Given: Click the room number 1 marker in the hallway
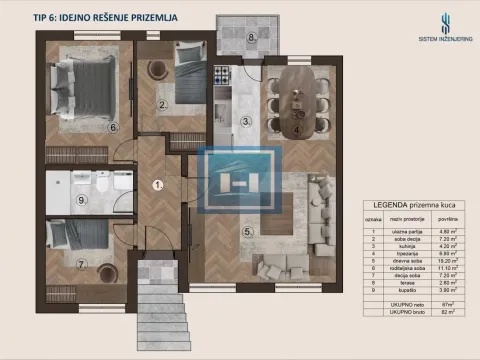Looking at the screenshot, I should (x=156, y=184).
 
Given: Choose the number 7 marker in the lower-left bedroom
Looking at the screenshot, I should (x=114, y=128).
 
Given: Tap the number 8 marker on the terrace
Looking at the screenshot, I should (x=82, y=264).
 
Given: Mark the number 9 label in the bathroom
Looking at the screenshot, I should (x=253, y=39).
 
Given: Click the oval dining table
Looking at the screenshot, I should (x=81, y=200).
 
